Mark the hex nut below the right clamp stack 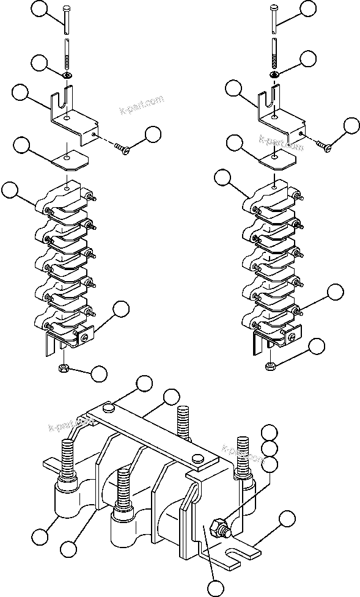[x=271, y=365]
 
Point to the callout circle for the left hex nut [x=98, y=372]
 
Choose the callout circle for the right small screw [x=351, y=125]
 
